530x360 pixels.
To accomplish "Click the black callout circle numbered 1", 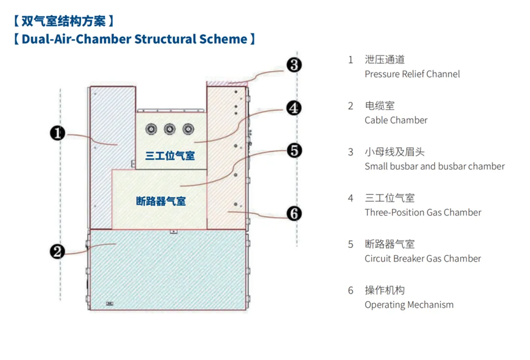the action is click(58, 133).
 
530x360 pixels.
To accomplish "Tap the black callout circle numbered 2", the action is click(58, 252).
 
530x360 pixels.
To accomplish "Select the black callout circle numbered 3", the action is click(294, 65).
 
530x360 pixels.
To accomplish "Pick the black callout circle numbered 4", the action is click(294, 108).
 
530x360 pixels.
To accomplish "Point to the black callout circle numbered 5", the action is click(294, 150).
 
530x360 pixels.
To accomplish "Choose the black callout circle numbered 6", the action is click(294, 213).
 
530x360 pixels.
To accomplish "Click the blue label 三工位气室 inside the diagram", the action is click(170, 156).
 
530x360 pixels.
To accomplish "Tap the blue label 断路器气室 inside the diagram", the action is click(161, 201).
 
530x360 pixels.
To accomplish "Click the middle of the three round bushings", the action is click(170, 129).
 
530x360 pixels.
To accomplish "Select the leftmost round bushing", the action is click(151, 129).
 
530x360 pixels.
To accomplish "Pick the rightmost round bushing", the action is click(188, 129).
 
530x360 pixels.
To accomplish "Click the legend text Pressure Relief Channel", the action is click(412, 74).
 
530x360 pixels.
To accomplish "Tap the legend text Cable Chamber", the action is click(396, 120).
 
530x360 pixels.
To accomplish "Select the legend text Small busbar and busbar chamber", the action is click(434, 166).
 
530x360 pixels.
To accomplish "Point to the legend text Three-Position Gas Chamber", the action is click(423, 212).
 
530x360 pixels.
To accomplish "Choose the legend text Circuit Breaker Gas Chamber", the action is click(423, 259).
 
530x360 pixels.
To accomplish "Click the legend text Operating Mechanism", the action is click(409, 305).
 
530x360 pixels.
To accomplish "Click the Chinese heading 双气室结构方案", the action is click(64, 21).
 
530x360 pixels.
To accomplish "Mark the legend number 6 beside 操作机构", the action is click(351, 290).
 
